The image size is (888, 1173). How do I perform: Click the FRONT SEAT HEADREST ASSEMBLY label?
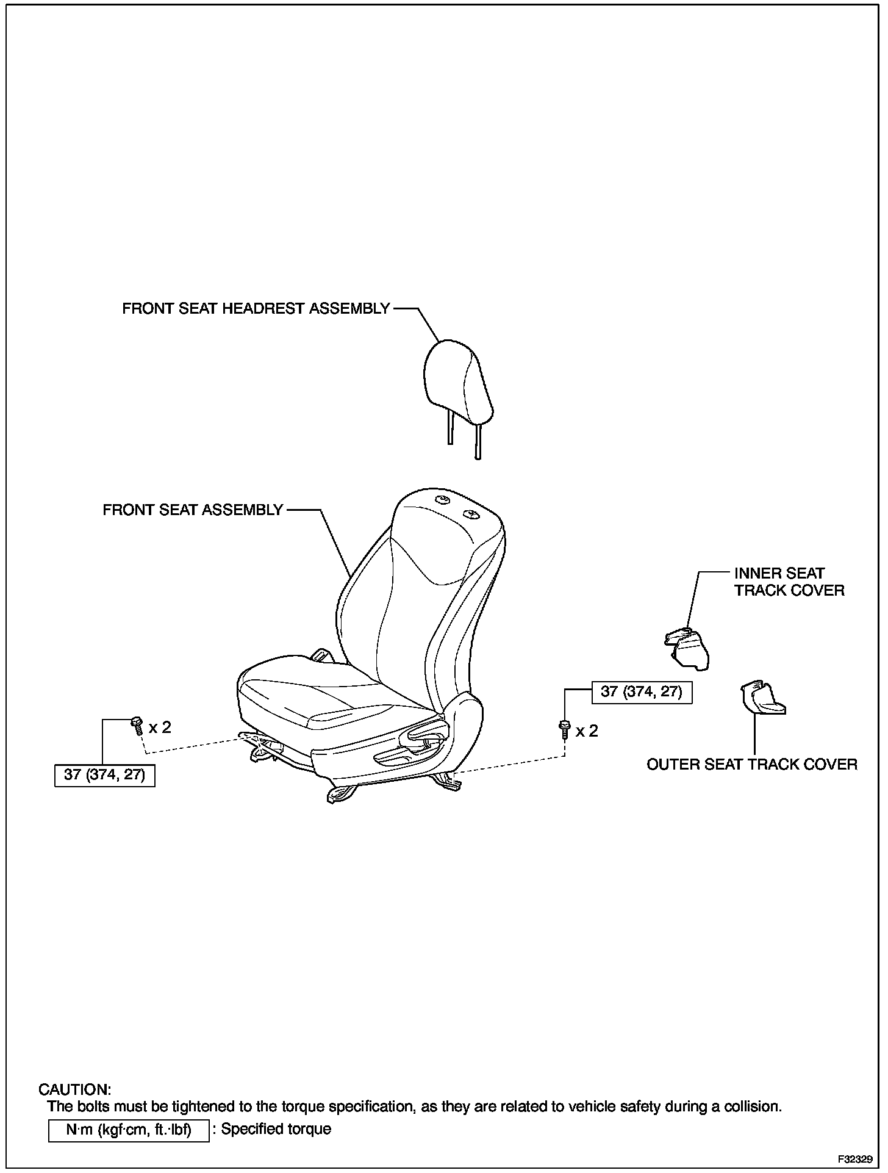click(x=256, y=309)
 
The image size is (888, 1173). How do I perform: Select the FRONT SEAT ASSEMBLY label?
click(x=193, y=510)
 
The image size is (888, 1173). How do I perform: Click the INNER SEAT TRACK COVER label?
click(x=789, y=582)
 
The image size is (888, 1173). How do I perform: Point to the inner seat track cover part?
click(x=689, y=649)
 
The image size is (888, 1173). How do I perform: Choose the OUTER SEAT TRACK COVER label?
click(x=751, y=764)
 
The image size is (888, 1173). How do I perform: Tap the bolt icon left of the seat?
click(x=137, y=726)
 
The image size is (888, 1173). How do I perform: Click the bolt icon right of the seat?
click(x=564, y=729)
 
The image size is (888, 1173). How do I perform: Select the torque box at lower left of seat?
click(x=105, y=775)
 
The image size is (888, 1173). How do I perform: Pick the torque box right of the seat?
click(x=642, y=691)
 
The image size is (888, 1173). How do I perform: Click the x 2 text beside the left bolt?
click(x=160, y=727)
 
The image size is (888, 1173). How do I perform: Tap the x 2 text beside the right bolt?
click(x=587, y=731)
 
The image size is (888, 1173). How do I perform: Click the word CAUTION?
click(x=75, y=1089)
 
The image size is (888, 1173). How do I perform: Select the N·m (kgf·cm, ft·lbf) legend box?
click(x=129, y=1130)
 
